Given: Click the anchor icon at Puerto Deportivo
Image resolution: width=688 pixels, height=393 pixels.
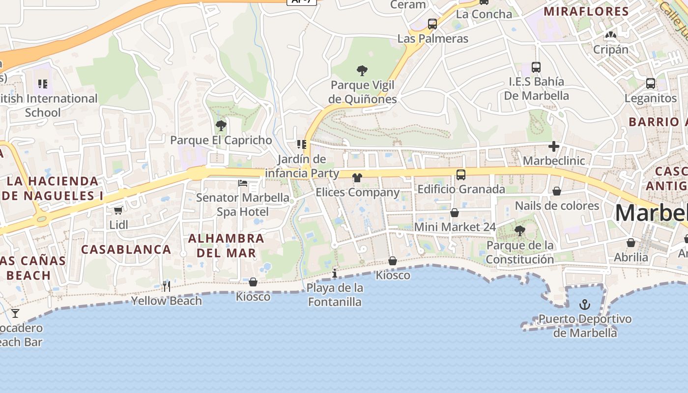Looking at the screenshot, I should coord(584,305).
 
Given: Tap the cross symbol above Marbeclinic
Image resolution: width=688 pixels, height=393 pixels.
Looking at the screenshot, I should coord(554,146).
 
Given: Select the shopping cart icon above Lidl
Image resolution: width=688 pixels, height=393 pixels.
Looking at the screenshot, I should coord(118,210).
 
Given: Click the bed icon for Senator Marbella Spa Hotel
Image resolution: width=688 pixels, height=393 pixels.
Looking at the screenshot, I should coord(243,183).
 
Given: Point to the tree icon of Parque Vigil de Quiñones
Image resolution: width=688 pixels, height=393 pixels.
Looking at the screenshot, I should coord(362,71).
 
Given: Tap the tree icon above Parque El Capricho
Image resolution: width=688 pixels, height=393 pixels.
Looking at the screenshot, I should coord(221,126).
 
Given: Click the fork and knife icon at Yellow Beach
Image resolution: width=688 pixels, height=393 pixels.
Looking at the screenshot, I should coord(167,286).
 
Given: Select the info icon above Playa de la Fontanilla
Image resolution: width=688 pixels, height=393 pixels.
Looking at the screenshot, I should coord(335,273).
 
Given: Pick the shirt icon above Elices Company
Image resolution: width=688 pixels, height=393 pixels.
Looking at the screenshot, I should coord(357,177).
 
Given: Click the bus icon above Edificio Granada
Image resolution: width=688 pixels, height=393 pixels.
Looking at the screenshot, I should coord(461,174).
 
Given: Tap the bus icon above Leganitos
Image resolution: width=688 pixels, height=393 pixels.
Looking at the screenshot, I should coord(651,84).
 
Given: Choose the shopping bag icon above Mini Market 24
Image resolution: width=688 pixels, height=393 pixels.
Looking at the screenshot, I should coord(455,213).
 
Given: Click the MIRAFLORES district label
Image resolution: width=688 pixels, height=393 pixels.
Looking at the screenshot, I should coord(587,11).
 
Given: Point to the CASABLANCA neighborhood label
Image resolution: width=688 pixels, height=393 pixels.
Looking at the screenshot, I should coord(126,250).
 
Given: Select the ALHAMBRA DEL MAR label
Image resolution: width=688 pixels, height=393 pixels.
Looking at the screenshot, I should coord(227,246).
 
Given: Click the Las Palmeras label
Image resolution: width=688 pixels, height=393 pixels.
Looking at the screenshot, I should coord(433,38).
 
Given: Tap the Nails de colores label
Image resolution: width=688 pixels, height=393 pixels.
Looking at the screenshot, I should coord(557,205).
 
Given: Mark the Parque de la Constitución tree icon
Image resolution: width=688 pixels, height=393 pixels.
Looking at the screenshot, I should coord(520,230).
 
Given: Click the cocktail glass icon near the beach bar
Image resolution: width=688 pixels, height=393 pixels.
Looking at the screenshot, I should coord(16,313).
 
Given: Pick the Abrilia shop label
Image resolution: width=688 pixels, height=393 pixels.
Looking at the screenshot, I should coord(631,257).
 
